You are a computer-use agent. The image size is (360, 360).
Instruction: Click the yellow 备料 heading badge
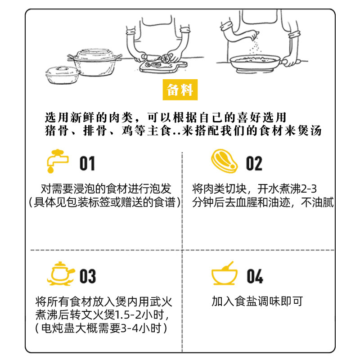[x=180, y=90]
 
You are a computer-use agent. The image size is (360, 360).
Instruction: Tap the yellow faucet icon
[x=57, y=161]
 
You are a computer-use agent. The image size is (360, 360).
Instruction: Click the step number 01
[x=87, y=163]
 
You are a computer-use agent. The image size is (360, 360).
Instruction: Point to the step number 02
[x=254, y=163]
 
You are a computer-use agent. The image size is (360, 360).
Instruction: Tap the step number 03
[x=88, y=275]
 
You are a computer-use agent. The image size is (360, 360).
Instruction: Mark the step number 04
[x=255, y=275]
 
